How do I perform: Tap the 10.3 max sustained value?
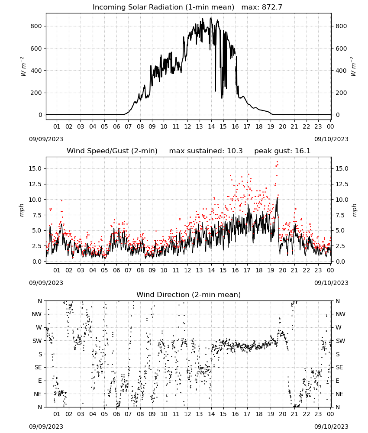tap(235, 151)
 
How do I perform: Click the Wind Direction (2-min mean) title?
tap(189, 294)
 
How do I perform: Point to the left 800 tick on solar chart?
tap(36, 26)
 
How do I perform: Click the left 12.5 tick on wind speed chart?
tap(36, 184)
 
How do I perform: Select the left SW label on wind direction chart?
tap(37, 341)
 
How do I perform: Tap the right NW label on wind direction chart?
tap(340, 314)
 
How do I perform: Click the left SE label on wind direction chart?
tap(38, 367)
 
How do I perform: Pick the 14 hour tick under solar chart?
tap(211, 126)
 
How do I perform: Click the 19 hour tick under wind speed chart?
tap(271, 270)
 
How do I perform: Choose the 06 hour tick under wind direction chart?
tap(116, 414)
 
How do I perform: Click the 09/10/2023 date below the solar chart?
tap(331, 139)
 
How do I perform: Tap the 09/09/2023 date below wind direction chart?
tap(46, 427)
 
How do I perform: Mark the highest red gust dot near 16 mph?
tap(277, 162)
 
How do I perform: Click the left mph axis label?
tap(22, 210)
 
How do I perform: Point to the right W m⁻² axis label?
tap(354, 66)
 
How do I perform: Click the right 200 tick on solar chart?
tap(341, 93)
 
